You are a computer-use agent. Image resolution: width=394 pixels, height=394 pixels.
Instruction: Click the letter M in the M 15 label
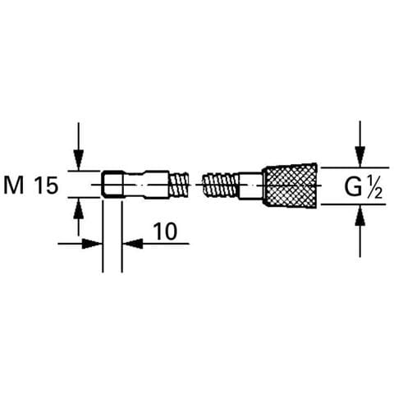click(x=14, y=186)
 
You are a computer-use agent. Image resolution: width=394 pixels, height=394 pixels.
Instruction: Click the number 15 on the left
click(x=47, y=186)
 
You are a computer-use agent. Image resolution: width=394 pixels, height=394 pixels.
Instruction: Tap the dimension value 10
click(x=165, y=231)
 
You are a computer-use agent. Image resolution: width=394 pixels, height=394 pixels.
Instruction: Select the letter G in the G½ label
click(x=353, y=187)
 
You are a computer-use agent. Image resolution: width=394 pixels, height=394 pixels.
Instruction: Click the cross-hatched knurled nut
click(x=290, y=185)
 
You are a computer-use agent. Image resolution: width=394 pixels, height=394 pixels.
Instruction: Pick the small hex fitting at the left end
click(x=112, y=184)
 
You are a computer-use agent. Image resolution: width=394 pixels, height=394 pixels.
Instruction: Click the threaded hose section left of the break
click(x=178, y=184)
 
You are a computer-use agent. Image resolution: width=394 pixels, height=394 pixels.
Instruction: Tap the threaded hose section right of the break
click(x=221, y=184)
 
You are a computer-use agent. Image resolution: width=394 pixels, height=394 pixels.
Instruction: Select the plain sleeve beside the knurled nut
click(x=251, y=186)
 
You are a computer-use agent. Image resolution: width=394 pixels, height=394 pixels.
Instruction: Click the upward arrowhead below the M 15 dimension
click(x=79, y=208)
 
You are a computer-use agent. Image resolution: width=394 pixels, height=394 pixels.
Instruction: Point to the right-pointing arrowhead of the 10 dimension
click(x=92, y=243)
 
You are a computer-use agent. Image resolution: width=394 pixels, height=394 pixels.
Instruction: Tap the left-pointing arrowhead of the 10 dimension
click(x=132, y=243)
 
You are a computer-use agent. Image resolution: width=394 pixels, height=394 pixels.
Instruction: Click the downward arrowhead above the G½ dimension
click(x=360, y=157)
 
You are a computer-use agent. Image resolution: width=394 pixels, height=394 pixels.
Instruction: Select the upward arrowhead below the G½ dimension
click(x=360, y=215)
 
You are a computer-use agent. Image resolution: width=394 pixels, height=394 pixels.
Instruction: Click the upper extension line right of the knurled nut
click(x=355, y=167)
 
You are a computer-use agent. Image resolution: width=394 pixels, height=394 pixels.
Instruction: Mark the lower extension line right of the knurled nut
click(x=353, y=204)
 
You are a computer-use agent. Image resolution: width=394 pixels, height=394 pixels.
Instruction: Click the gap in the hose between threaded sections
click(x=195, y=185)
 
